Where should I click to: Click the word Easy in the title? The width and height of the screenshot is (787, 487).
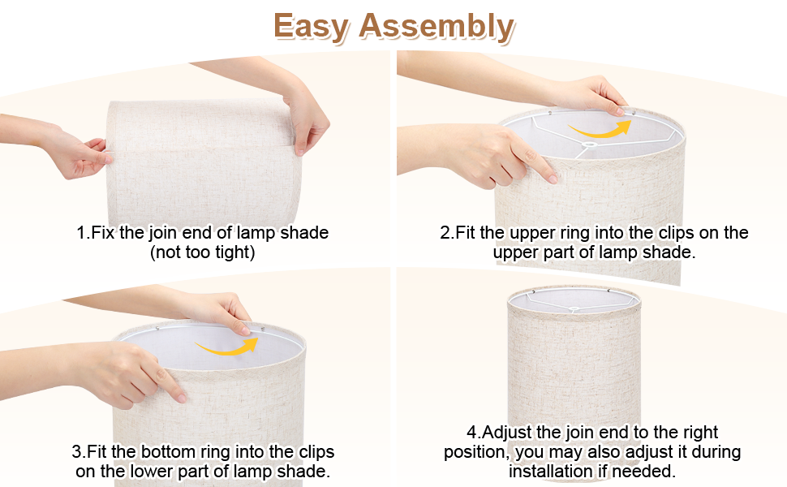point(311,26)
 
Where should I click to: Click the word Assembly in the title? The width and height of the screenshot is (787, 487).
point(437,26)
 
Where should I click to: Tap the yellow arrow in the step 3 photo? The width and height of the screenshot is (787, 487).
point(227,347)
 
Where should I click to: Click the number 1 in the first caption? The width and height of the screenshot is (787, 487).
point(81,233)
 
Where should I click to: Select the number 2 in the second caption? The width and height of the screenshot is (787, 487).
point(445,233)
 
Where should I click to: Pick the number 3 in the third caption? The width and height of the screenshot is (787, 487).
point(76,451)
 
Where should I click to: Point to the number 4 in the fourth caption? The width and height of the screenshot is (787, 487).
point(472,433)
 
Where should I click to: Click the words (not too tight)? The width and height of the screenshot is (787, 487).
point(203,252)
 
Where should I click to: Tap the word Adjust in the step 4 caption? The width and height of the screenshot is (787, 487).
point(506,433)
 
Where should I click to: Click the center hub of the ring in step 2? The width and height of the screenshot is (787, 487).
point(590,144)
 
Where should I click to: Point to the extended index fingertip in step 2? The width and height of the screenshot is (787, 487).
point(552,178)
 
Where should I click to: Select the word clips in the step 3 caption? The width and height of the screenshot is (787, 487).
point(316,452)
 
